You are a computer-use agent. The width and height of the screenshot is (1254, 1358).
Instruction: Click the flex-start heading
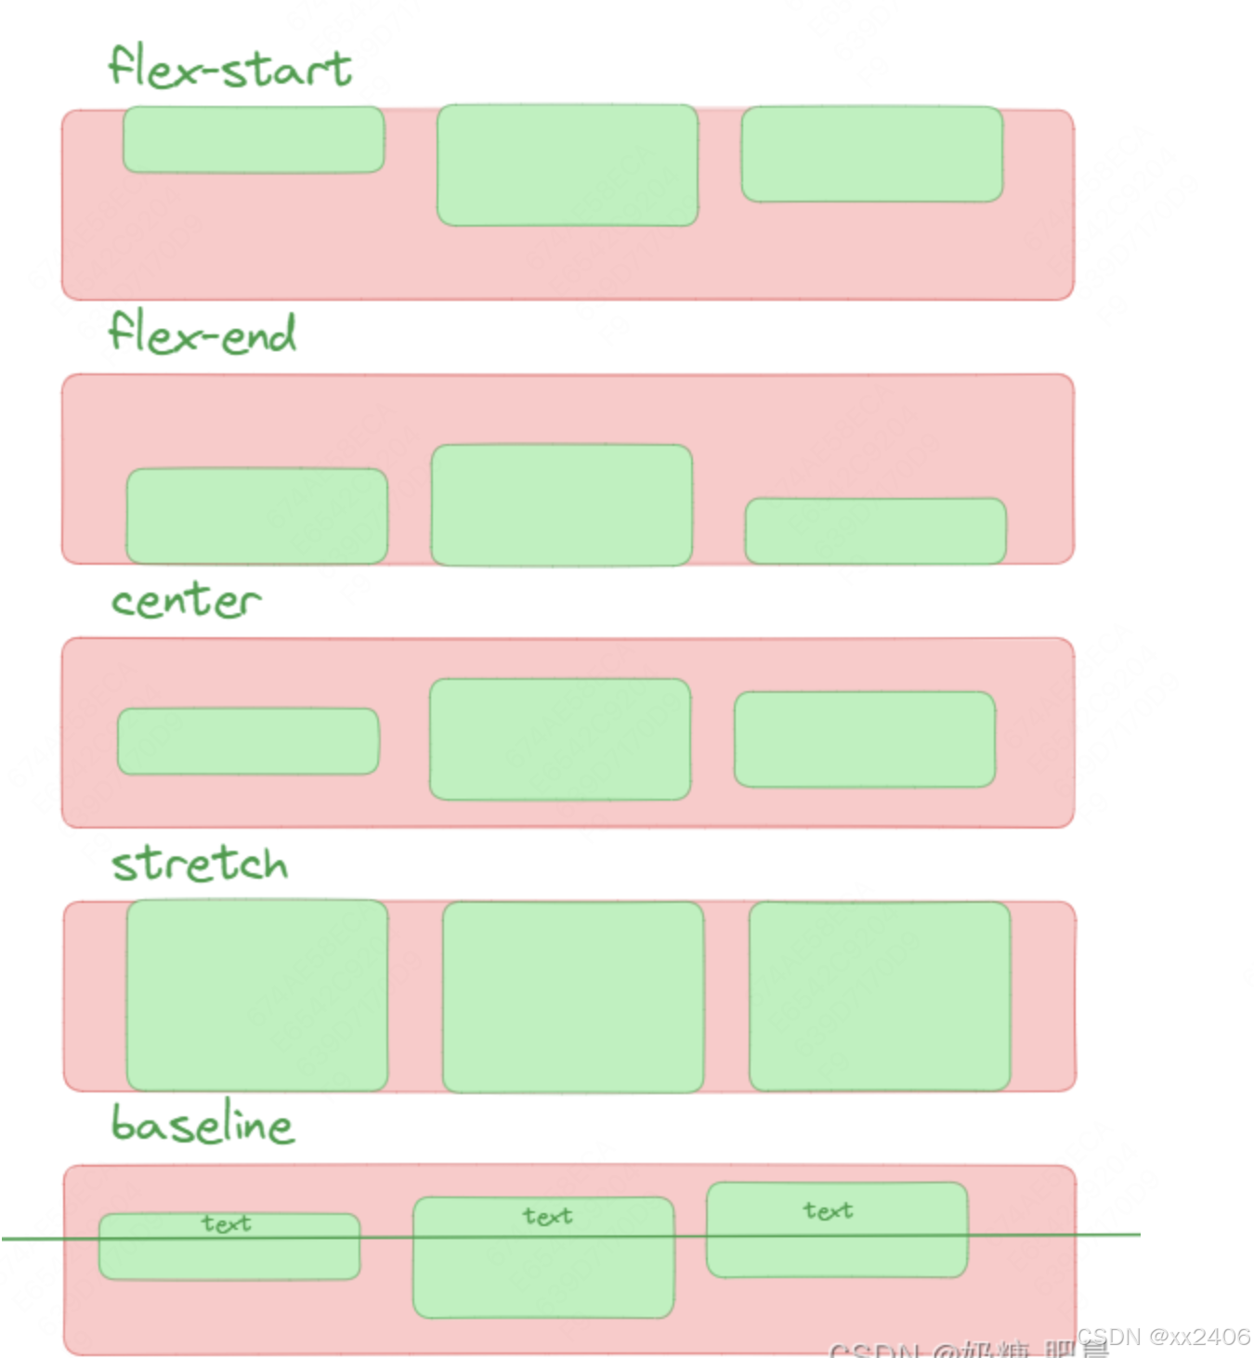tap(229, 67)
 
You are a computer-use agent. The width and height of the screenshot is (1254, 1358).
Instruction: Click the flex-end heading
tap(202, 333)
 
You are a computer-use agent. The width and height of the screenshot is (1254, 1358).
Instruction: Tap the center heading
tap(186, 600)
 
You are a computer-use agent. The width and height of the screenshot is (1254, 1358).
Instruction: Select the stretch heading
tap(200, 863)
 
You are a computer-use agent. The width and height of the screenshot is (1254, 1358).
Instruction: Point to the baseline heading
tap(202, 1124)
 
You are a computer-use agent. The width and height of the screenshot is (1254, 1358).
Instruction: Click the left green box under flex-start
tap(254, 139)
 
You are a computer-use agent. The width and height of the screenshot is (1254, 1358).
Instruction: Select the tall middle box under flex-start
tap(568, 165)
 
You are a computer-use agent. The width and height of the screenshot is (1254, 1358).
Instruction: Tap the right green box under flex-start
tap(871, 154)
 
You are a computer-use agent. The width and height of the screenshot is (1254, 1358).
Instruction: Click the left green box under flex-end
tap(256, 516)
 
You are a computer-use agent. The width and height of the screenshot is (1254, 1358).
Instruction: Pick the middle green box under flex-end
tap(562, 505)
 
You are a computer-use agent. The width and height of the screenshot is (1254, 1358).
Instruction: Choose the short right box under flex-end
tap(875, 530)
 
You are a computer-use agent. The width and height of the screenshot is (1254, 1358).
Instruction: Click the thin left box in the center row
tap(248, 741)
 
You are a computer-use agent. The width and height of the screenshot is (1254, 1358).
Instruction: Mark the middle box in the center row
tap(560, 739)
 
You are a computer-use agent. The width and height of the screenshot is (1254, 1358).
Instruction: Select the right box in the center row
tap(864, 739)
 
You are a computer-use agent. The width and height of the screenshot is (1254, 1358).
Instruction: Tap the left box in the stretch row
tap(257, 995)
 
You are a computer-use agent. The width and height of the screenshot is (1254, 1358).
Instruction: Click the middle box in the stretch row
tap(573, 997)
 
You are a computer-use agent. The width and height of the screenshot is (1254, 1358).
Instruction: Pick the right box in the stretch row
tap(880, 996)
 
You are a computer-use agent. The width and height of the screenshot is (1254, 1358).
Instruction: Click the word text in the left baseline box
tap(227, 1223)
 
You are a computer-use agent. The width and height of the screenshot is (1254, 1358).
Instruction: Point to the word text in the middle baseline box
tap(547, 1216)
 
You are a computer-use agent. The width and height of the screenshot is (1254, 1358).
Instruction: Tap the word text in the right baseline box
tap(828, 1210)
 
